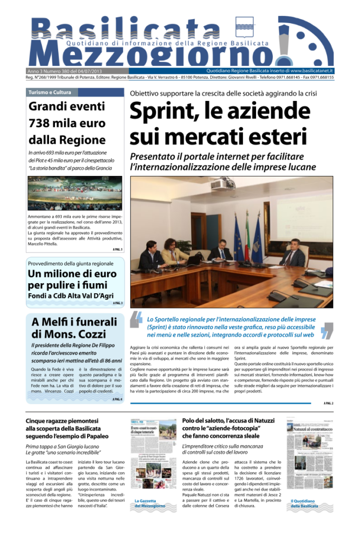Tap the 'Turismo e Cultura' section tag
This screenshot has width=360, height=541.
50,92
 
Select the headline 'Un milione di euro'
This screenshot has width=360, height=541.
72,274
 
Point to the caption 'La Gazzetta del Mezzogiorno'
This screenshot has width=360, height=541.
149,503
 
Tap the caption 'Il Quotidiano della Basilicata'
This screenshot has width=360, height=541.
305,503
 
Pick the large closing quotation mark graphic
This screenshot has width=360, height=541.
327,329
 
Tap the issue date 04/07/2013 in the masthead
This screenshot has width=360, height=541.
92,71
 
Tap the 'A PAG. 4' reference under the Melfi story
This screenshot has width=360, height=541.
117,399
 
